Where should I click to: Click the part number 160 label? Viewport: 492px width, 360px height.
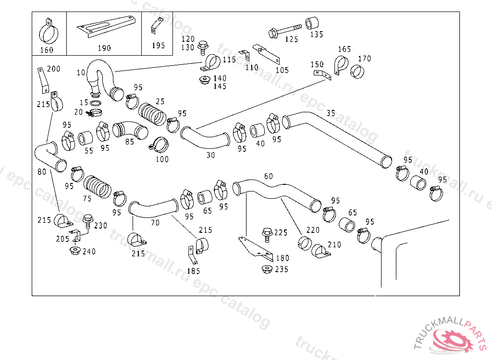[x=47, y=50]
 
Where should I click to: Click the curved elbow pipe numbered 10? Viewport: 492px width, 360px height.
[x=104, y=77]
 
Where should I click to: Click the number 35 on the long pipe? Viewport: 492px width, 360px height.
[x=331, y=113]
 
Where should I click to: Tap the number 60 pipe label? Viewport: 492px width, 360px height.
[x=268, y=177]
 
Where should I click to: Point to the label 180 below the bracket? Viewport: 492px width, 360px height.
[x=283, y=258]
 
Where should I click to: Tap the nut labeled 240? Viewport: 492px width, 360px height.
[x=74, y=251]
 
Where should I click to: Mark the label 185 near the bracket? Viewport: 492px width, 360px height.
[x=193, y=271]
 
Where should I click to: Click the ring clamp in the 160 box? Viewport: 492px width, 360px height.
[x=48, y=33]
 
